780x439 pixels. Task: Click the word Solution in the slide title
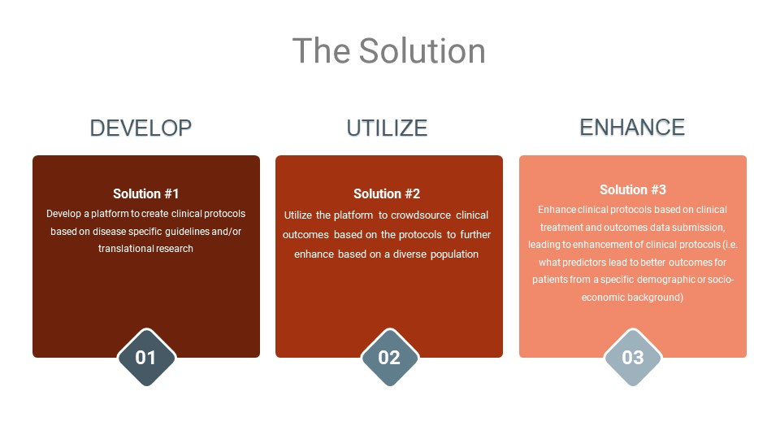[x=422, y=50]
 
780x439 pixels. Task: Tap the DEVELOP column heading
[x=141, y=128]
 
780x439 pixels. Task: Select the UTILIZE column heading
[x=387, y=128]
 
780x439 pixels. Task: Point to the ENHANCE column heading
[x=632, y=128]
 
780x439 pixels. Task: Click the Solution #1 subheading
[x=145, y=193]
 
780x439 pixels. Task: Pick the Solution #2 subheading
[x=387, y=193]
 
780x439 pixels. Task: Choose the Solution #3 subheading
[x=633, y=189]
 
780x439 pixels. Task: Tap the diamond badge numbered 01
[x=146, y=358]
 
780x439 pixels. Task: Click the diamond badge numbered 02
[x=389, y=358]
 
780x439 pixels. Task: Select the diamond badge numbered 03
[x=633, y=358]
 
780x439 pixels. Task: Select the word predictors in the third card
[x=580, y=263]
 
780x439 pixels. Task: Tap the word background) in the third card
[x=655, y=298]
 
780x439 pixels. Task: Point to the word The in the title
[x=322, y=50]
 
